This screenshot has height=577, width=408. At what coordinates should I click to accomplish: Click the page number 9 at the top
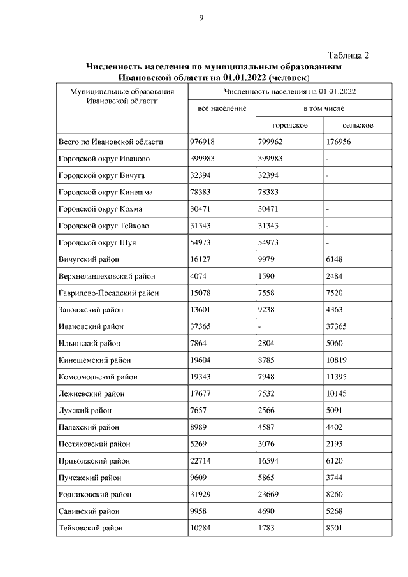[x=201, y=18]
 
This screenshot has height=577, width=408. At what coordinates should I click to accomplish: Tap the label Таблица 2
[x=349, y=55]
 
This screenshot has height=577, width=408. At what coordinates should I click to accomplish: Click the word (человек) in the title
[x=289, y=78]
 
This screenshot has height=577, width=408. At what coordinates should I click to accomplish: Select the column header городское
[x=289, y=126]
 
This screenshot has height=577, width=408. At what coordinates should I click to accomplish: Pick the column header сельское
[x=357, y=126]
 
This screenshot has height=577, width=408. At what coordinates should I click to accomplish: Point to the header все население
[x=222, y=109]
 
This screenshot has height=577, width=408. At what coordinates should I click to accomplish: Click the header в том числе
[x=324, y=109]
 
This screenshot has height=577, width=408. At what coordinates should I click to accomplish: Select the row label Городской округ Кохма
[x=101, y=209]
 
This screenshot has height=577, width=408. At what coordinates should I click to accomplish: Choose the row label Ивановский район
[x=91, y=326]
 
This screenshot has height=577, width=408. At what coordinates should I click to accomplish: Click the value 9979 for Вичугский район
[x=267, y=259]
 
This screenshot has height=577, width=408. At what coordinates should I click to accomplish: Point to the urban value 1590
[x=267, y=276]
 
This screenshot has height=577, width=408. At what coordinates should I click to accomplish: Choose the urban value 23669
[x=270, y=494]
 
